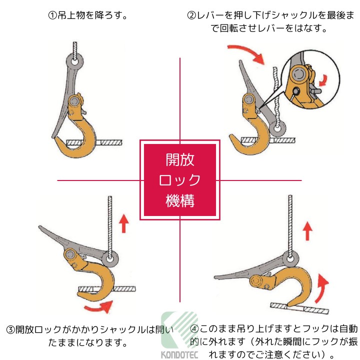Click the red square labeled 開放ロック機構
coord(180,180)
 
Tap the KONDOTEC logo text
coord(179,354)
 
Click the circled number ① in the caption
coord(52,15)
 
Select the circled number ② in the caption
coord(191,15)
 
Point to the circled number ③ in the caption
coord(10,330)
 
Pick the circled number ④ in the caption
coord(194,329)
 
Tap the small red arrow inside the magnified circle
coord(323,80)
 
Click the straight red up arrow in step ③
coord(124,223)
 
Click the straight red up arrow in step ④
coord(307,230)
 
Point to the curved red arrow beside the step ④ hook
coord(321,288)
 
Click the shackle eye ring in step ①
coord(74,62)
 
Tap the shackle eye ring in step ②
coord(278,128)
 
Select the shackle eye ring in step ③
coord(109,259)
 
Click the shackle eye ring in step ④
coord(290,259)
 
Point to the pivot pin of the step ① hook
coord(74,101)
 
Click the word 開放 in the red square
coord(180,160)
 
